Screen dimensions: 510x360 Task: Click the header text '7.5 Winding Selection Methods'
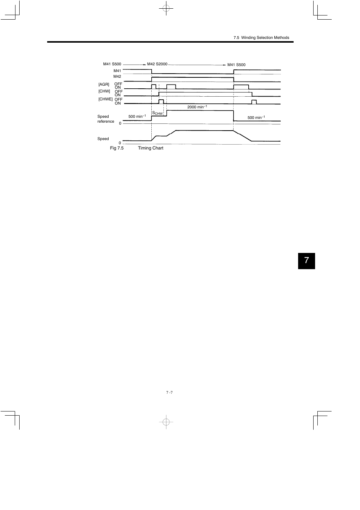(x=261, y=38)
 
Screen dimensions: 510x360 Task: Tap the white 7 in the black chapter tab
(x=306, y=260)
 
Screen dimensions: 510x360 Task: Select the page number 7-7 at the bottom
(x=169, y=393)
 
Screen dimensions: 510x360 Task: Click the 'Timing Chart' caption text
(x=151, y=148)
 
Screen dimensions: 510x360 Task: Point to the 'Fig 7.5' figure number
(x=117, y=148)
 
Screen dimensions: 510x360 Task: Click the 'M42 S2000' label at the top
(x=157, y=64)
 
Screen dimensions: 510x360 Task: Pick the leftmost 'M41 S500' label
(x=112, y=64)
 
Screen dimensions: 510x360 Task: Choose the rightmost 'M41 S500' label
(x=236, y=65)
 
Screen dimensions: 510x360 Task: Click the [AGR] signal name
(x=104, y=85)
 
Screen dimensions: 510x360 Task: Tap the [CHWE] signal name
(x=106, y=99)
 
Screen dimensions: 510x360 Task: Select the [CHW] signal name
(x=104, y=91)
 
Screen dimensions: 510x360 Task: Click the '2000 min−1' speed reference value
(x=197, y=107)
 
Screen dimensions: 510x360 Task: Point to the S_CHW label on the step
(x=157, y=113)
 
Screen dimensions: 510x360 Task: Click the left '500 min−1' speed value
(x=137, y=116)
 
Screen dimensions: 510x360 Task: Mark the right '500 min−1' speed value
(x=256, y=118)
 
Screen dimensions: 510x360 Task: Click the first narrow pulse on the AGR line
(x=154, y=87)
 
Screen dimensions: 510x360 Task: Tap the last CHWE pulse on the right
(x=254, y=102)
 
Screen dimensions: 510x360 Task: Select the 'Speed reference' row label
(x=106, y=119)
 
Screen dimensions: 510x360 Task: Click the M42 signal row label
(x=117, y=77)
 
